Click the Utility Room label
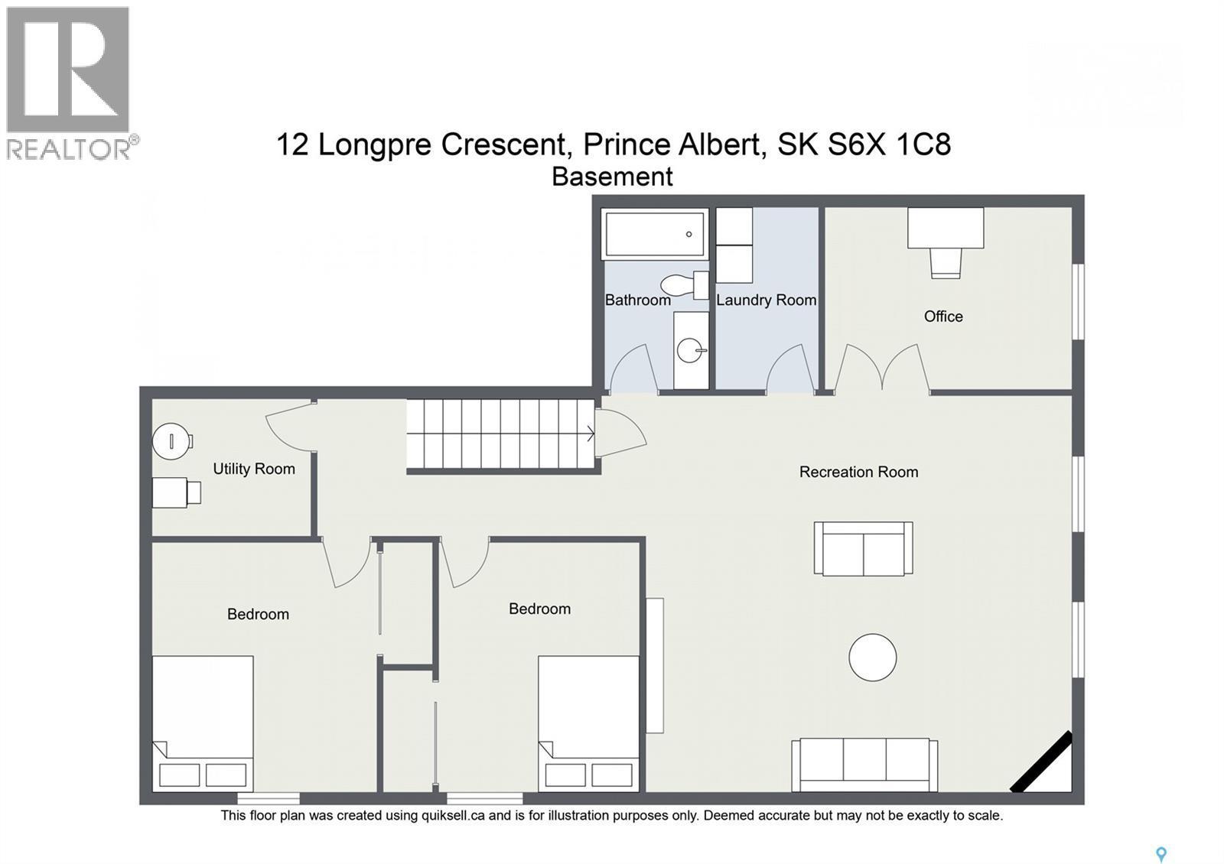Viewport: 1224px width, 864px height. click(253, 469)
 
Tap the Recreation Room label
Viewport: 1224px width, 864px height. click(858, 472)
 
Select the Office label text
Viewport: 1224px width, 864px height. click(942, 317)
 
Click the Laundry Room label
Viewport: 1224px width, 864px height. click(766, 300)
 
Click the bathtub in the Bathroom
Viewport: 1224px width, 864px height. click(655, 234)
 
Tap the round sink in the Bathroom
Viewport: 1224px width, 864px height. click(690, 352)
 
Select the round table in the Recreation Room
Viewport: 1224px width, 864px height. click(872, 658)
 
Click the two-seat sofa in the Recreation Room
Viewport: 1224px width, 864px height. click(863, 549)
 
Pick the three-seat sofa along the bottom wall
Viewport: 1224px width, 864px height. click(864, 764)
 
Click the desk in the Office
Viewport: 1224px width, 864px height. click(945, 228)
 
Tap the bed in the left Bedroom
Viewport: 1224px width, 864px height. click(203, 723)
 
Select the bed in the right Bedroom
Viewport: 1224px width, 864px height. click(588, 723)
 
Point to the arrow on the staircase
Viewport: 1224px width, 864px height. click(590, 434)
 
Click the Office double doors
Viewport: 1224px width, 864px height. click(882, 369)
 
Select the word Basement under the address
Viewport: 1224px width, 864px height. click(612, 177)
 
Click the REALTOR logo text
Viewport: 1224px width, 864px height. click(69, 148)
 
